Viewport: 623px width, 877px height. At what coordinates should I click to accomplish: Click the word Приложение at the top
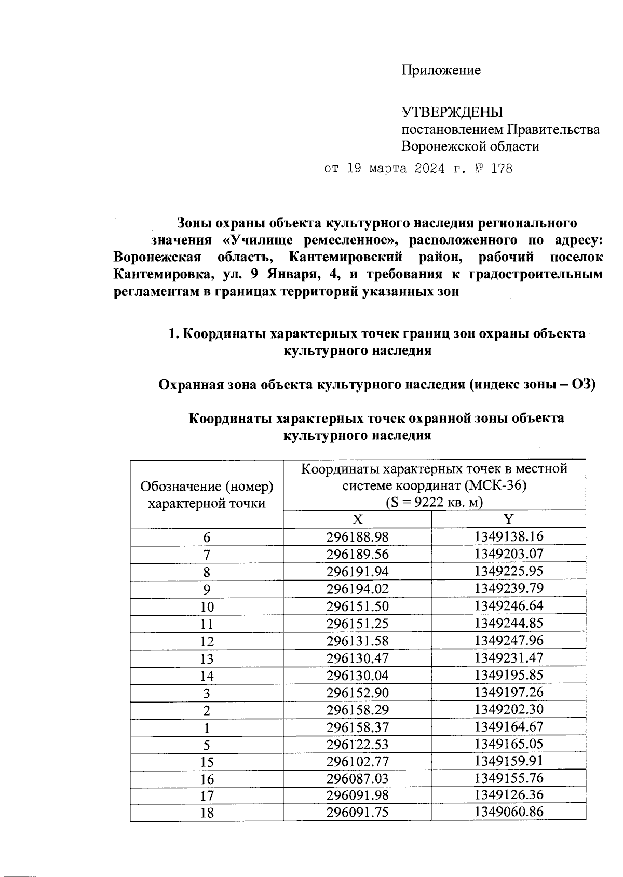[x=441, y=70]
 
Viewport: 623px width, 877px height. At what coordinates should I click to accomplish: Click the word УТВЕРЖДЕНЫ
[x=452, y=112]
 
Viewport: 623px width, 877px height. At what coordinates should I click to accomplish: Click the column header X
[x=357, y=520]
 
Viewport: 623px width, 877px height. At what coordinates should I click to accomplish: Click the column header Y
[x=508, y=519]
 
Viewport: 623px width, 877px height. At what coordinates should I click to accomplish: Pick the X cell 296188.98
[x=357, y=537]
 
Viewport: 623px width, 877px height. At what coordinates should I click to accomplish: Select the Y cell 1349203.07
[x=508, y=554]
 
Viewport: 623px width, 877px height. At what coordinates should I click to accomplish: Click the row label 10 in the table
[x=207, y=606]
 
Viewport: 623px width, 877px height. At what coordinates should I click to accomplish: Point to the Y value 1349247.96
[x=508, y=640]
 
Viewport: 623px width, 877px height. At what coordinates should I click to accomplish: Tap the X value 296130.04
[x=357, y=675]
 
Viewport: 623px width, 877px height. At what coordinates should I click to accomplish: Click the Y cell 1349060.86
[x=508, y=812]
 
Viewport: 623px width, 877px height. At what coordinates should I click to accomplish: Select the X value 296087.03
[x=357, y=778]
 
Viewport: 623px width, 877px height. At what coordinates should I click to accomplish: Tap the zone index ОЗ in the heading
[x=582, y=385]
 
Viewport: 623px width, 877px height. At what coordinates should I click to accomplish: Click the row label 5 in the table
[x=207, y=745]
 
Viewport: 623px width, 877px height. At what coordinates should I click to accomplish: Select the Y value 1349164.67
[x=508, y=726]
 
